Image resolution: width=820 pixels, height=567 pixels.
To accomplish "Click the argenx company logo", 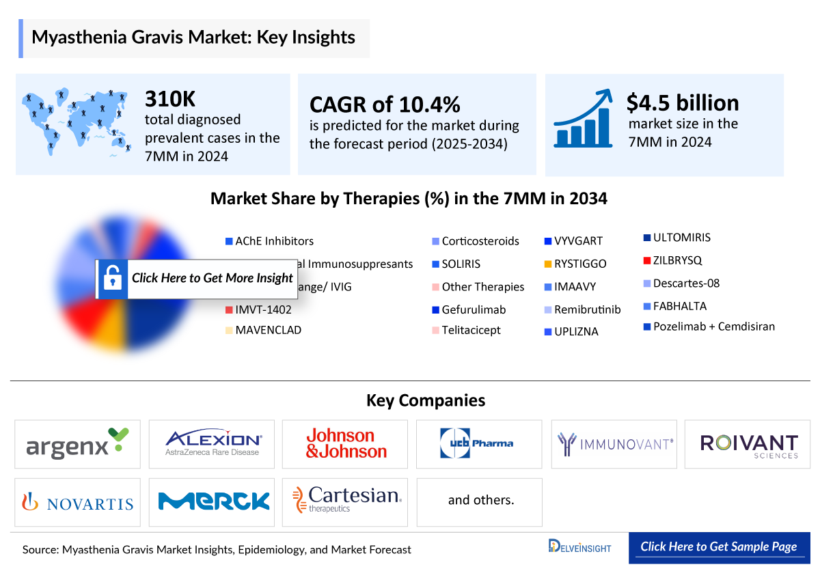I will coord(77,444).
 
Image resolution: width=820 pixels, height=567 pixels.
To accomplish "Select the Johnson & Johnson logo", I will coord(346,444).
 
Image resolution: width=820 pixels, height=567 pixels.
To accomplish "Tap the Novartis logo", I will coord(77,503).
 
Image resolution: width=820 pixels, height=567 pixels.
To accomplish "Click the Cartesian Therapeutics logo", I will coord(346,501).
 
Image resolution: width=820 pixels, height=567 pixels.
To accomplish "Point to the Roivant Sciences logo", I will coord(748,444).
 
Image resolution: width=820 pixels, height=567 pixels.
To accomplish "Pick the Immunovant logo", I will coord(614,444).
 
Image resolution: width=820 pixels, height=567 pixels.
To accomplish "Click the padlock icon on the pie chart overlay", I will coord(111,279).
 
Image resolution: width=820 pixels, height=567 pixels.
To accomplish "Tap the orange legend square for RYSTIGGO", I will coord(548,264).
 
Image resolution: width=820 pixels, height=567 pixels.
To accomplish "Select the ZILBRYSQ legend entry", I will coord(676,260).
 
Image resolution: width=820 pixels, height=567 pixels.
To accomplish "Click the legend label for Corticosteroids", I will coord(480,241).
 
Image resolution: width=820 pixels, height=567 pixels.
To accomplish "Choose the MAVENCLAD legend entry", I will coord(268,330).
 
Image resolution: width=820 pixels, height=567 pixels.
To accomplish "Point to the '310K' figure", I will coord(170,100).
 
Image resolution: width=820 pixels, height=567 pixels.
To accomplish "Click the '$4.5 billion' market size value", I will coord(682,102).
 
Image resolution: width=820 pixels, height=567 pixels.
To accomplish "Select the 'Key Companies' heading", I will coord(426,400).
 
